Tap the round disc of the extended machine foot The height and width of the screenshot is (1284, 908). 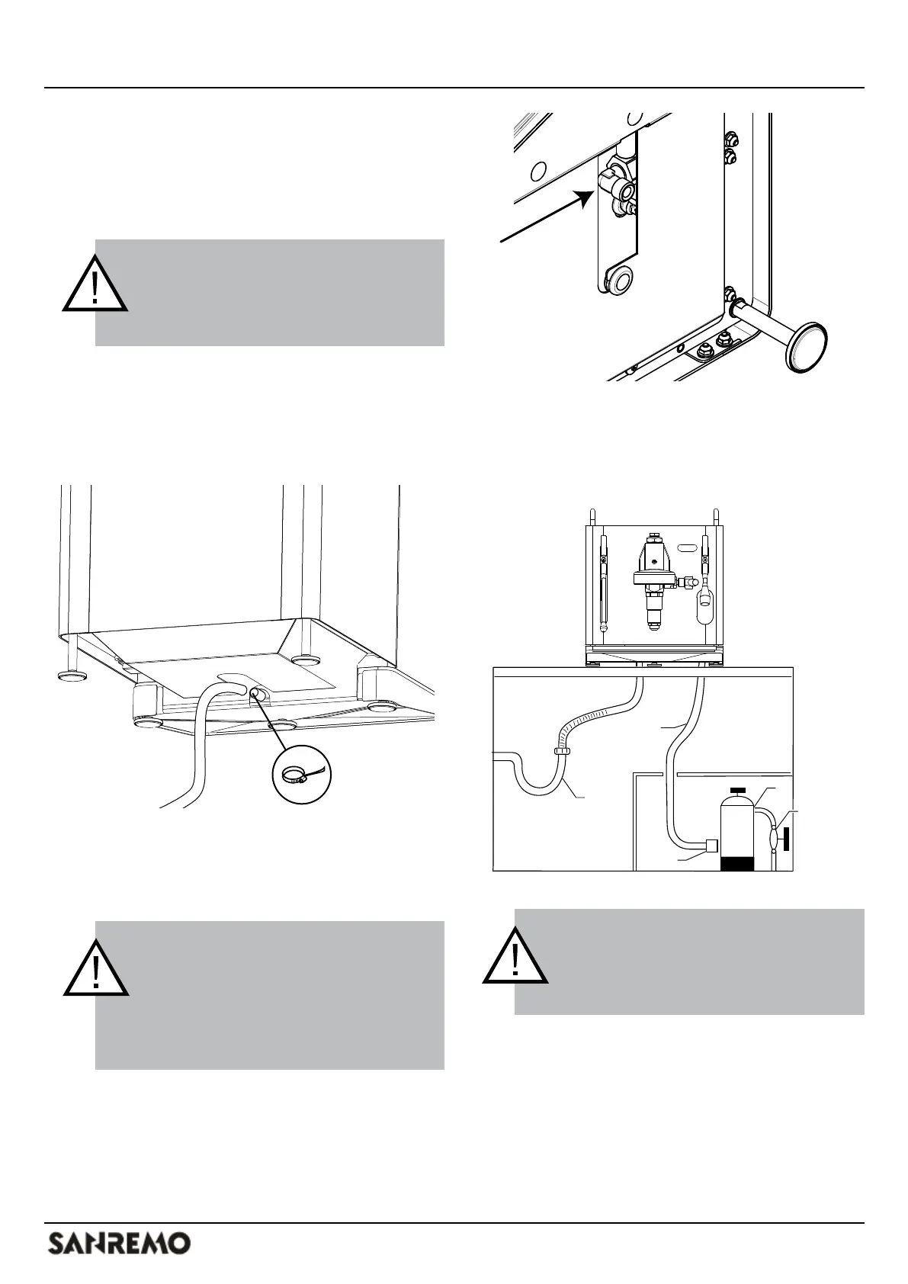coord(807,348)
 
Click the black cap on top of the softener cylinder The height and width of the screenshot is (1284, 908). coord(737,790)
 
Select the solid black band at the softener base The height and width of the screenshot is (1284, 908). coord(737,863)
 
